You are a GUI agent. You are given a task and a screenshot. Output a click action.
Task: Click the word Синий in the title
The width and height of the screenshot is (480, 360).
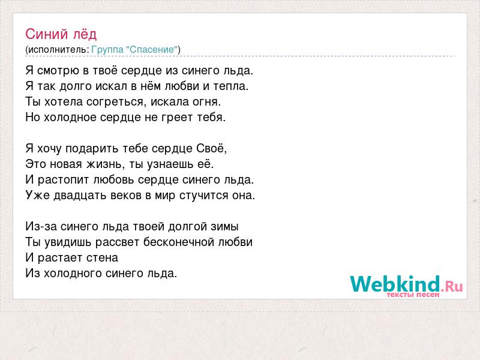coord(47,34)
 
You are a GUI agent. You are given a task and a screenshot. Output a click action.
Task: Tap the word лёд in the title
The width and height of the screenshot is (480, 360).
coord(85,34)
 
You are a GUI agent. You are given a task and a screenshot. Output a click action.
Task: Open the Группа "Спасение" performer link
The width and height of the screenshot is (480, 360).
coord(134,50)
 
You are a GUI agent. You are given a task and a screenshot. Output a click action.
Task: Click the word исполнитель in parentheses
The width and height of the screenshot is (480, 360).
coord(57,50)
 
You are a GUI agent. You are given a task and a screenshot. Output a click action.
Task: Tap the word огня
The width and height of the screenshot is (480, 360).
coord(206,102)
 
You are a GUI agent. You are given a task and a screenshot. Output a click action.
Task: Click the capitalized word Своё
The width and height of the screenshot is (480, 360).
coord(211,148)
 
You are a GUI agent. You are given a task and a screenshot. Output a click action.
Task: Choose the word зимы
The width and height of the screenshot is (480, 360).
coord(224,227)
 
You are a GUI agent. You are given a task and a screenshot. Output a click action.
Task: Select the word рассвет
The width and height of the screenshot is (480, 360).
coord(118,242)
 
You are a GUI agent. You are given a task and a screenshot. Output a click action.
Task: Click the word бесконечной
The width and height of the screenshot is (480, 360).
coord(179,242)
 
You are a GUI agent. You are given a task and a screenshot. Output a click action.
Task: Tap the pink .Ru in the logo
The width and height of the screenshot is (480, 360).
coord(452,287)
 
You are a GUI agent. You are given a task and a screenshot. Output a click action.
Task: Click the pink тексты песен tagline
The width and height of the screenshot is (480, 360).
coord(413,295)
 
